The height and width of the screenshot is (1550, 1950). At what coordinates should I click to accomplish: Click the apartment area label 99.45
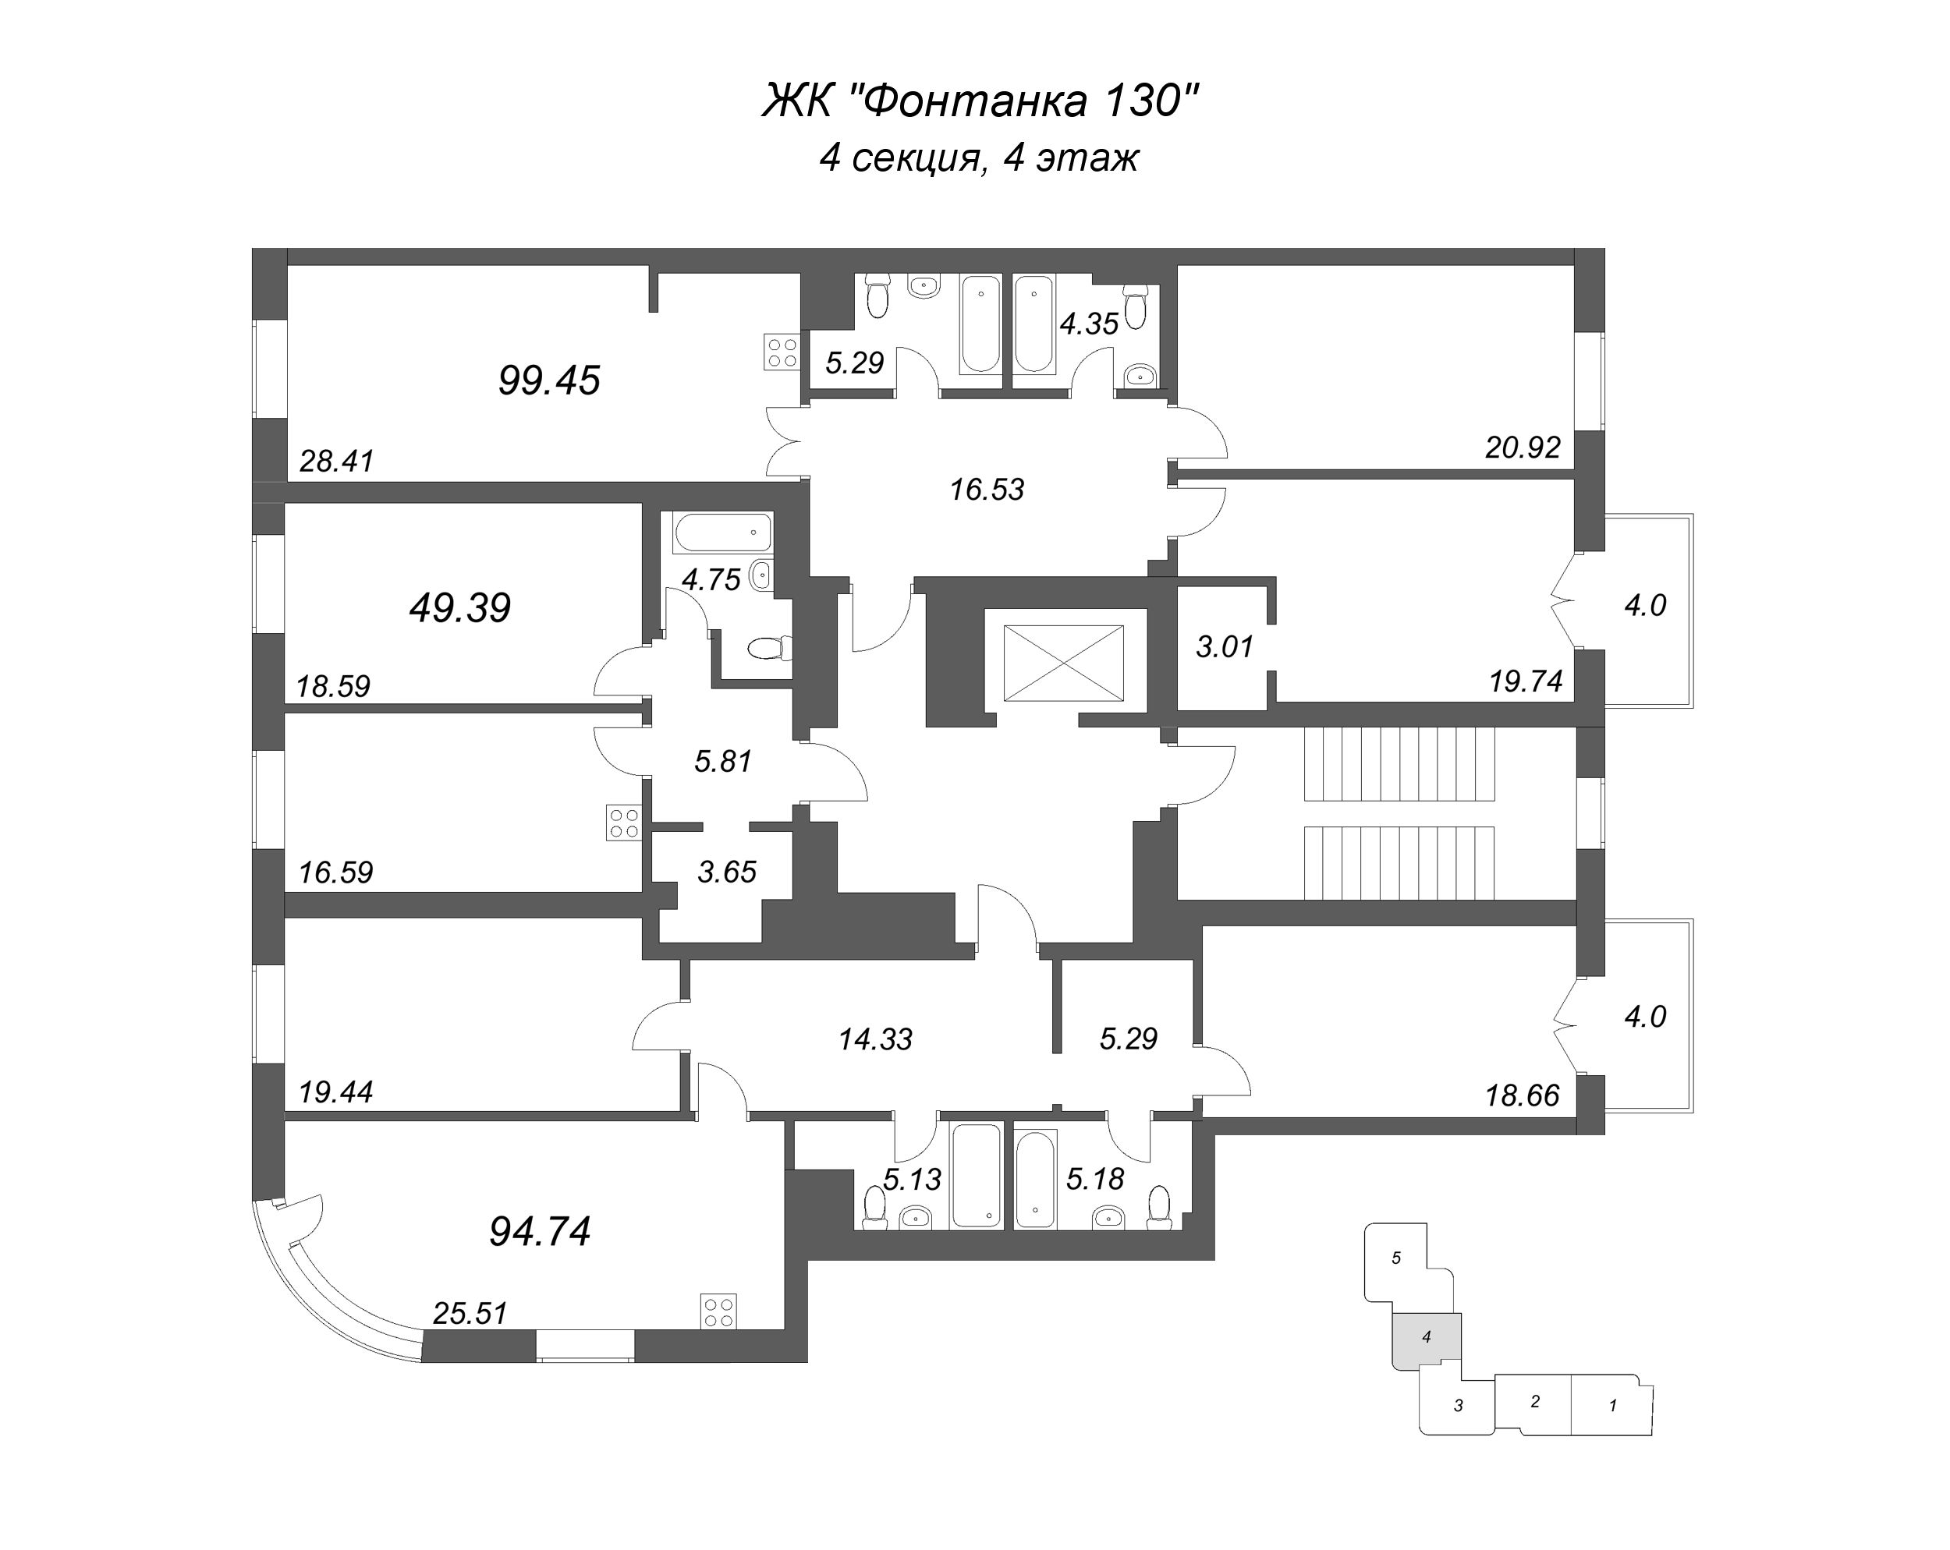click(x=548, y=380)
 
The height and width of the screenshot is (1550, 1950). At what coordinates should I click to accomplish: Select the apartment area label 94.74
click(x=540, y=1232)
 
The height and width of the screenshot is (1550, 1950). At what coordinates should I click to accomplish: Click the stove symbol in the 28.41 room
click(x=782, y=352)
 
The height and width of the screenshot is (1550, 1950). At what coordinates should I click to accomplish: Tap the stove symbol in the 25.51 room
click(x=719, y=1311)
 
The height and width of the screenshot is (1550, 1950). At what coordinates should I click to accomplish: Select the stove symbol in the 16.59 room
click(x=624, y=823)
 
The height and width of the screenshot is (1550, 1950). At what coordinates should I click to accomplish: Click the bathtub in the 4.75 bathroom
click(x=722, y=533)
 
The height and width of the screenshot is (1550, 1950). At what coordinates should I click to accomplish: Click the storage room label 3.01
click(x=1225, y=647)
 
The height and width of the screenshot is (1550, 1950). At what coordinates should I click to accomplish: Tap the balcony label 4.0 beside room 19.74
click(x=1644, y=606)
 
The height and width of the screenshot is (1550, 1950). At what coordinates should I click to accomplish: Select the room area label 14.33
click(x=874, y=1040)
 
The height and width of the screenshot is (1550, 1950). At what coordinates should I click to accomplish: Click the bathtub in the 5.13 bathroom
click(x=977, y=1176)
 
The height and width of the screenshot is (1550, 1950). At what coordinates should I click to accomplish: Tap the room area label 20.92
click(x=1523, y=448)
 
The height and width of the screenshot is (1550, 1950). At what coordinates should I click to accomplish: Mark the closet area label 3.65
click(x=726, y=872)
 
